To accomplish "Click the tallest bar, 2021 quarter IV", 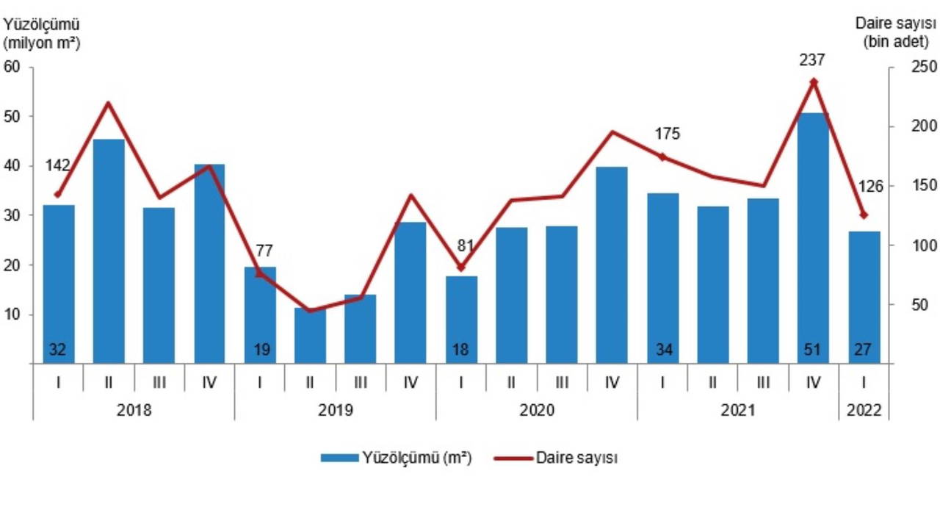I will tap(812, 235).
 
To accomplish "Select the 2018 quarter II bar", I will tap(109, 250).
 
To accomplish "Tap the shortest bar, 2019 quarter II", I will tap(310, 334).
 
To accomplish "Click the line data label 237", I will tap(813, 60).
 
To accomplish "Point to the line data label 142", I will tap(58, 166).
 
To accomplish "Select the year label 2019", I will tap(335, 409).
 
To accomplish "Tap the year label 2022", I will tap(864, 409).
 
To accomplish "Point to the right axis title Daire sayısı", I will tap(895, 24).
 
